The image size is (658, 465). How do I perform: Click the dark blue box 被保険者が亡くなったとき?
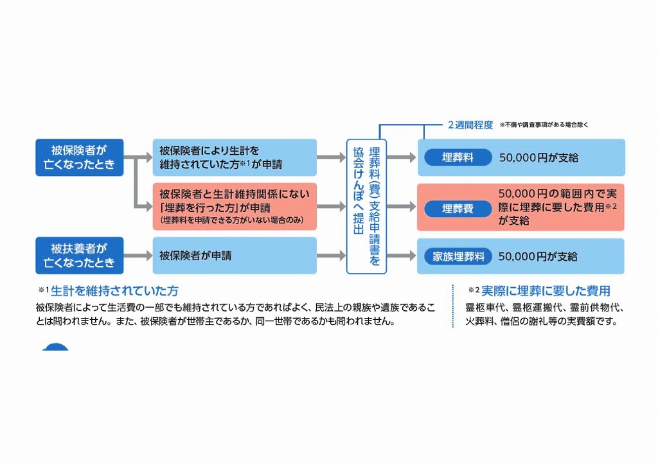[80, 157]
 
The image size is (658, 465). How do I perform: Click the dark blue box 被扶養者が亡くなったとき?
[80, 256]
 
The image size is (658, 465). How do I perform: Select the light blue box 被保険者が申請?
[235, 256]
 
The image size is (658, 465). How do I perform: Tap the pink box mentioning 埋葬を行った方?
[235, 207]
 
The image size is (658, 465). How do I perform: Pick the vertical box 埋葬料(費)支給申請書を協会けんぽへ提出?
[366, 206]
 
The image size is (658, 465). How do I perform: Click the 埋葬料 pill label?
[458, 157]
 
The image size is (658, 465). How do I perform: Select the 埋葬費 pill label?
[458, 209]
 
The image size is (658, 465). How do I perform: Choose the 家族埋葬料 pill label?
[458, 256]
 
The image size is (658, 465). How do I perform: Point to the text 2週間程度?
[470, 125]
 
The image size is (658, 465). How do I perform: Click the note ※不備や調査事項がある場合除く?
[544, 125]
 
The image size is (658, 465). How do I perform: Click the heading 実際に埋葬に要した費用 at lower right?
[546, 290]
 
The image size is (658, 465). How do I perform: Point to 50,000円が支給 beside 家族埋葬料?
[538, 256]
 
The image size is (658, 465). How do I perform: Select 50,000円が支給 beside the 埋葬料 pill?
[538, 157]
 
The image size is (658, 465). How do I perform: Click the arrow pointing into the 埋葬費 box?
[402, 207]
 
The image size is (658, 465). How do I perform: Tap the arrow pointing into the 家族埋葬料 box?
[402, 256]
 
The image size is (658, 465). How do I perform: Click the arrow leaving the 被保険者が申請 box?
[331, 256]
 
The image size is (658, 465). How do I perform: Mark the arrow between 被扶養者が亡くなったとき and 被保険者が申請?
[138, 256]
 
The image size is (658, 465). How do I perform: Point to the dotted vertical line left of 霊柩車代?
[453, 307]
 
